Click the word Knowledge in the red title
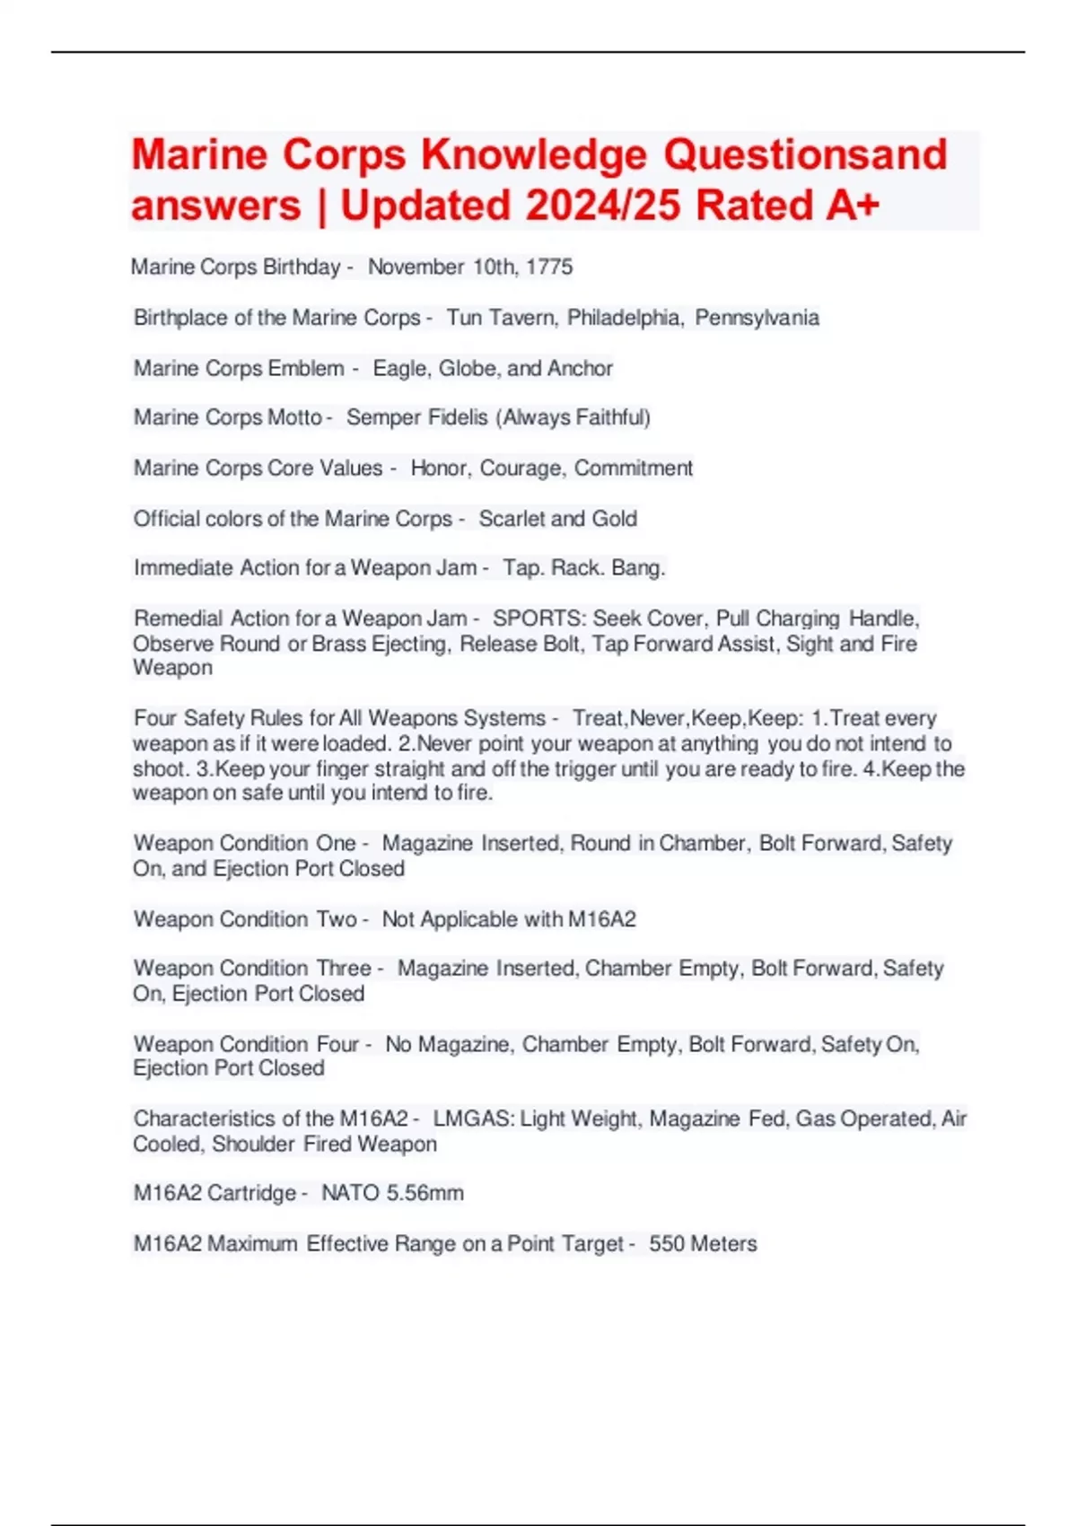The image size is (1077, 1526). click(x=533, y=155)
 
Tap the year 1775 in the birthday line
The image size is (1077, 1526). click(x=549, y=267)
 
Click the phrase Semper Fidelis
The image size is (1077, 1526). click(x=417, y=417)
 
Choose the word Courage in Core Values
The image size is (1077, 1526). click(x=521, y=469)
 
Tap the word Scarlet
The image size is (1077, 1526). click(x=512, y=519)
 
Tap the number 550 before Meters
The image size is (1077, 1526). click(x=667, y=1244)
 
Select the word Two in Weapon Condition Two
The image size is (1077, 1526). click(x=337, y=919)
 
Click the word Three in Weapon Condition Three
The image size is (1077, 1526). click(x=344, y=969)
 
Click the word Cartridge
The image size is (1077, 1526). click(x=251, y=1194)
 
